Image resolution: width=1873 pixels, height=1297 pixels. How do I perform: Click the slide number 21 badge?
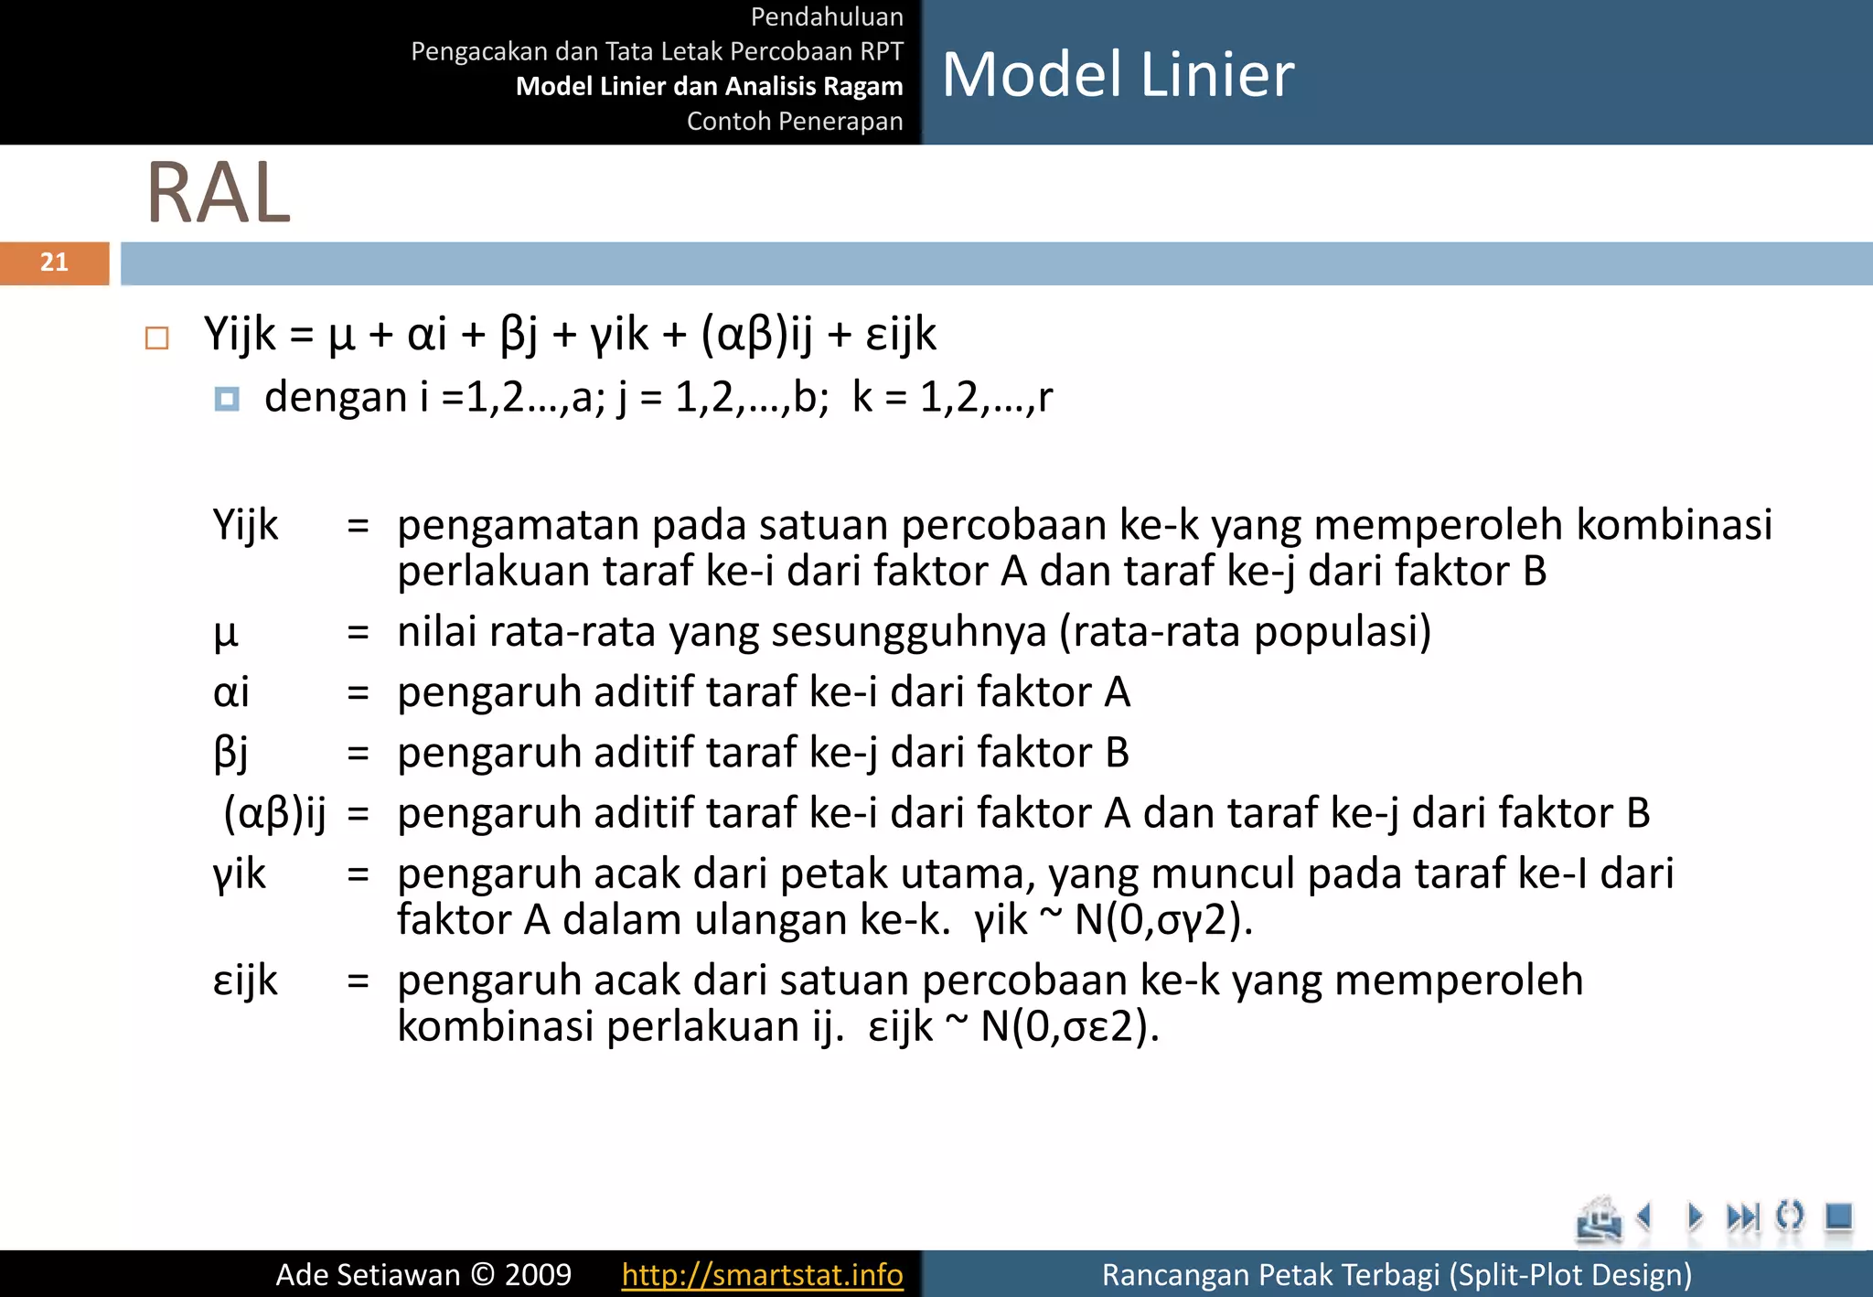pos(55,263)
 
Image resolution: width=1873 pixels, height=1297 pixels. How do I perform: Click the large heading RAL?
pos(219,193)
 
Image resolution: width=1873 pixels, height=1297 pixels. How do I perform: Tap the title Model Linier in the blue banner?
pos(1118,74)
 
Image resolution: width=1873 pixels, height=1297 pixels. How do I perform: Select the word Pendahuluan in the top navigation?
pos(827,16)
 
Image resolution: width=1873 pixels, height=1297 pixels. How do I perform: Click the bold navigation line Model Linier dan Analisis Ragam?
pos(709,86)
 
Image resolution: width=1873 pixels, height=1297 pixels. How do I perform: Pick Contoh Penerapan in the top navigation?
pos(794,121)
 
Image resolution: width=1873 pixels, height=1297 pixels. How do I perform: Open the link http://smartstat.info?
pos(762,1274)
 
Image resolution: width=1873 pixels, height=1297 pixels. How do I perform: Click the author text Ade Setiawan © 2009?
pos(423,1274)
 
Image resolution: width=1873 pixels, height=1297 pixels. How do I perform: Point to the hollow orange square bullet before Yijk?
pos(157,338)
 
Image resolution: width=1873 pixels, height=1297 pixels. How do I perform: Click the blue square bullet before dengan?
pos(227,399)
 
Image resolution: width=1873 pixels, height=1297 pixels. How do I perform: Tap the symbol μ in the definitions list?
pos(225,633)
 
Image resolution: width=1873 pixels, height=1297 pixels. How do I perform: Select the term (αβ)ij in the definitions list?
pos(274,812)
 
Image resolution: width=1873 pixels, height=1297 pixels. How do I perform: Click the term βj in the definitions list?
pos(230,753)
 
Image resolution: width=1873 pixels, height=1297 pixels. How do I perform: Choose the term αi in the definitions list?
pos(230,692)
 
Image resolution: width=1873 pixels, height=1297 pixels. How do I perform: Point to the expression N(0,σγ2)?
pos(1162,920)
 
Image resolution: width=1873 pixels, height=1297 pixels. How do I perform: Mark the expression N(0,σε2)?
pos(1069,1026)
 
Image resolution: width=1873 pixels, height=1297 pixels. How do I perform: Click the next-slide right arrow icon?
pos(1695,1217)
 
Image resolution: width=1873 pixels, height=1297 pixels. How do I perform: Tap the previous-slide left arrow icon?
pos(1644,1217)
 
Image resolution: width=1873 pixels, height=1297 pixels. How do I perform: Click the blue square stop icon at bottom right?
pos(1837,1217)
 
